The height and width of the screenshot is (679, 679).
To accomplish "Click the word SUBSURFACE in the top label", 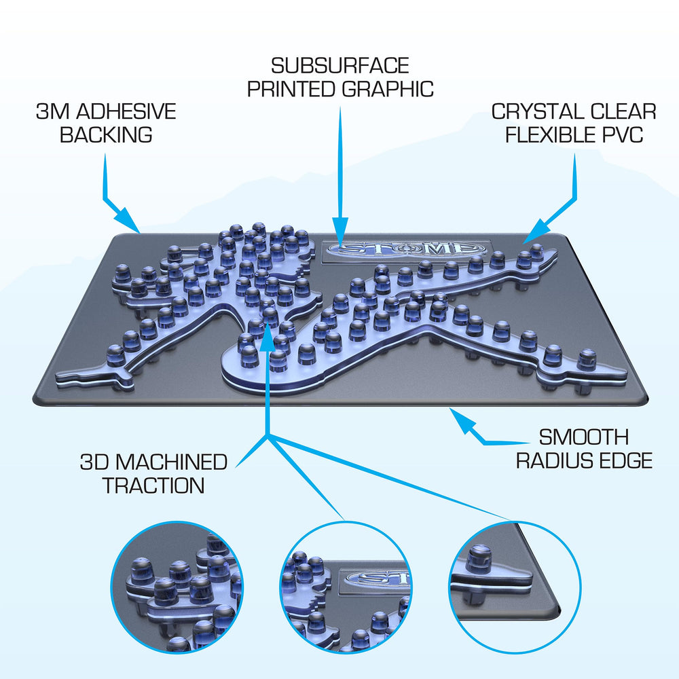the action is tap(340, 66).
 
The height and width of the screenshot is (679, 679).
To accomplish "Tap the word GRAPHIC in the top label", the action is tap(388, 89).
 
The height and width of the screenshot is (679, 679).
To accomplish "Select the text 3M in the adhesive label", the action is tap(52, 111).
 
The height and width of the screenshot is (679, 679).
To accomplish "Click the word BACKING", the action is tap(106, 134).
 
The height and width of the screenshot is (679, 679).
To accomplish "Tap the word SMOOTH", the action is tap(584, 437).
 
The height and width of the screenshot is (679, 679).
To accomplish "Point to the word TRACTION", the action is tap(153, 485).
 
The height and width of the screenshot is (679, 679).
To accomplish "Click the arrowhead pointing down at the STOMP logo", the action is tap(340, 232).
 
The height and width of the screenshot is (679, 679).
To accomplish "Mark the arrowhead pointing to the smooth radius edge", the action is tap(462, 420).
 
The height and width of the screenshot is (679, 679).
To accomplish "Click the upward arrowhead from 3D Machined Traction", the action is tap(268, 337).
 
